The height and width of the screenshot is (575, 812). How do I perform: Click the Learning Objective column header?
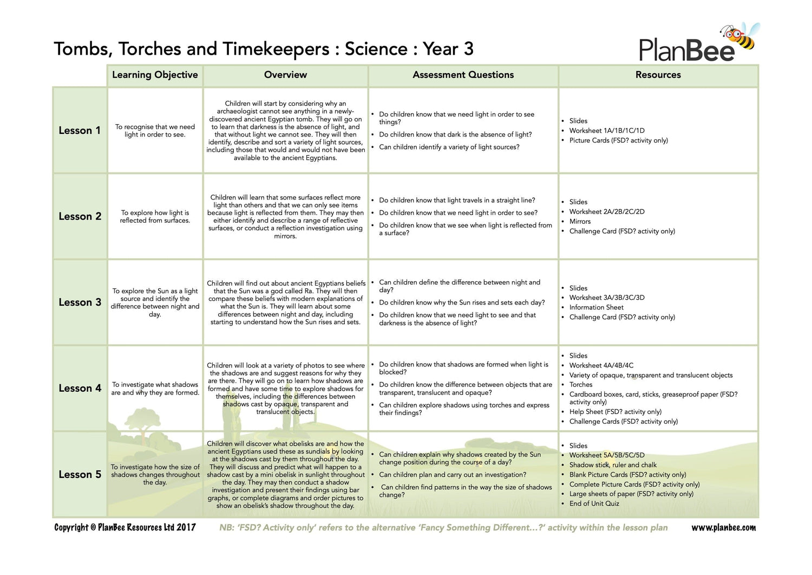[155, 75]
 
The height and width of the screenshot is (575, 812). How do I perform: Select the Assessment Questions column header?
[463, 75]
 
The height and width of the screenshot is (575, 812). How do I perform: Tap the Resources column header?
[658, 75]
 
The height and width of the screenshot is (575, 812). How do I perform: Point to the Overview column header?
[285, 75]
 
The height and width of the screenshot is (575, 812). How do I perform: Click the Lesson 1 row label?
[80, 131]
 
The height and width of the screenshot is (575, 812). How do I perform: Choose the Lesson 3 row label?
[80, 302]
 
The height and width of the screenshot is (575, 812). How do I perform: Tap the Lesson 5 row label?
[80, 475]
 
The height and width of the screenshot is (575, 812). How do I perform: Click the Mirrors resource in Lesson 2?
[580, 222]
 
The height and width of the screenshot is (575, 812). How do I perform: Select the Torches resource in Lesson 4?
[581, 385]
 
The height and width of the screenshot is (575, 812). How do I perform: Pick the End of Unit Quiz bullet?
[594, 503]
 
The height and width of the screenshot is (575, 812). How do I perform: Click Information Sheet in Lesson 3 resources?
[596, 307]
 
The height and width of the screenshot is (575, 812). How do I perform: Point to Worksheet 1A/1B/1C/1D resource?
[606, 131]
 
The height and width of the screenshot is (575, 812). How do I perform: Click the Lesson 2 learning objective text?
[155, 217]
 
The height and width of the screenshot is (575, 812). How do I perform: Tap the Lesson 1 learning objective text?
[155, 131]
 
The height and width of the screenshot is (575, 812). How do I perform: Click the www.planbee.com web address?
[723, 528]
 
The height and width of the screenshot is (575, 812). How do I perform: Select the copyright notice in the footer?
[125, 527]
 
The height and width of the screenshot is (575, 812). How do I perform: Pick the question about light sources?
[449, 147]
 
